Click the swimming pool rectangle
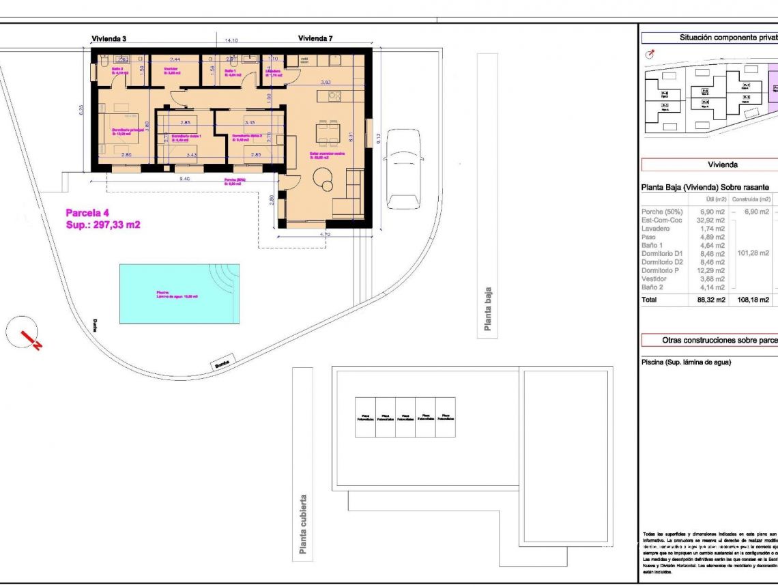coord(179,294)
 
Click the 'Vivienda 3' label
coord(109,39)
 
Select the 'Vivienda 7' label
coord(315,39)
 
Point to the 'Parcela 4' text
coord(87,212)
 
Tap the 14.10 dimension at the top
coord(231,41)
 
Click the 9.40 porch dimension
coord(185,178)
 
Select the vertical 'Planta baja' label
coord(487,309)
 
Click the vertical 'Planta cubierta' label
coord(303,525)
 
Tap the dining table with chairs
coord(328,132)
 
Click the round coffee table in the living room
coord(324,180)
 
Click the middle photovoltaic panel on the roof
coord(405,417)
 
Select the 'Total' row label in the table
coord(650,300)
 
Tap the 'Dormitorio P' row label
coord(661,270)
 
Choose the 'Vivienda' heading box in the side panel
coord(722,164)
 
